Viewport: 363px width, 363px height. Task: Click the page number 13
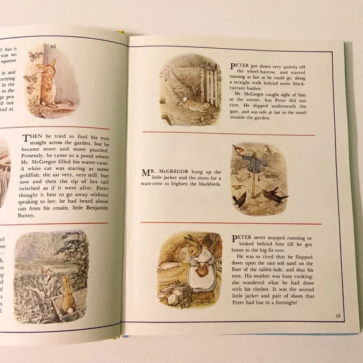tap(338, 314)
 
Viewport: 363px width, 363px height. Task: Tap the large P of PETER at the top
tap(235, 65)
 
